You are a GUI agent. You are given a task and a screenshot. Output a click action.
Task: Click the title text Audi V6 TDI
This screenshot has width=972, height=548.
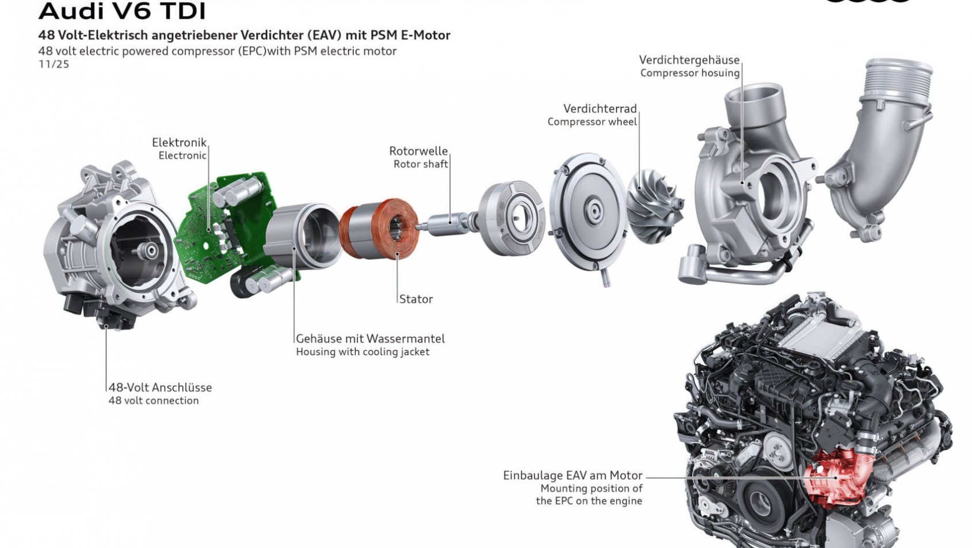coord(121,10)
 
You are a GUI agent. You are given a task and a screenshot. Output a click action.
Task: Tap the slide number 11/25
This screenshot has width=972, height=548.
coord(54,64)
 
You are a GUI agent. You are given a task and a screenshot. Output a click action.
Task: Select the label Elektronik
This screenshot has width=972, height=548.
coord(178,142)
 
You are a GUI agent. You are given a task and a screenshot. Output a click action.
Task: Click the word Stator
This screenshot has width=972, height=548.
coord(416,299)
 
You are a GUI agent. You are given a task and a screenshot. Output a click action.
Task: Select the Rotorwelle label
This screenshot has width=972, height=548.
coord(418,151)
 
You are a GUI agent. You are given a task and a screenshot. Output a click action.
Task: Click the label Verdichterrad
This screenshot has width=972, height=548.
coord(600,108)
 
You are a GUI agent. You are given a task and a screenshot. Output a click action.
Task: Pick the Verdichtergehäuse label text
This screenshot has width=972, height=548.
coord(689,60)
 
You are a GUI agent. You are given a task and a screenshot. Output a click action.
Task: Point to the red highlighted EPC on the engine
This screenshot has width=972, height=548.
coord(834,475)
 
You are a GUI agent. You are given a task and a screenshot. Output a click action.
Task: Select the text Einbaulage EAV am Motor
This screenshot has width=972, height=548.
coord(572,475)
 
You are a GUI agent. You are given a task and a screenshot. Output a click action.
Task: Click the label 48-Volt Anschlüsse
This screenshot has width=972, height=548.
coord(160,387)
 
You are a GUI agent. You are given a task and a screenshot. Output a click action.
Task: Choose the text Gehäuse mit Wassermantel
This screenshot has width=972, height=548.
coord(370,338)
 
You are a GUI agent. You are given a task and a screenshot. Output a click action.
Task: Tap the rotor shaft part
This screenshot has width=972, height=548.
coord(446,222)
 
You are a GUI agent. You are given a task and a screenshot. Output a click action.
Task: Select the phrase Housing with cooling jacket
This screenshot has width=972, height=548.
coord(363,352)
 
